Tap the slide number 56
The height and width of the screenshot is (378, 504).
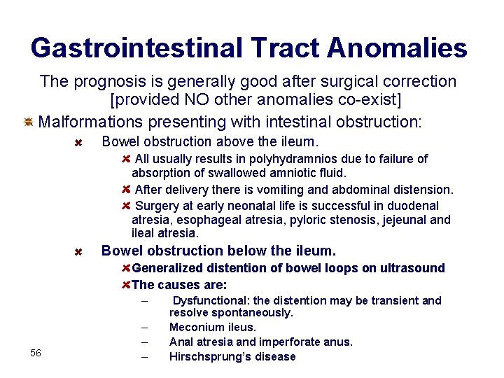point(36,353)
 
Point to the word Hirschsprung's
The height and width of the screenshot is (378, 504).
point(213,356)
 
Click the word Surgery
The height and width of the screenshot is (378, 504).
point(157,206)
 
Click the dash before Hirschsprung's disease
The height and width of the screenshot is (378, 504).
point(143,357)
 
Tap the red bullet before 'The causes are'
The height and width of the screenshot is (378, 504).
point(126,284)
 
